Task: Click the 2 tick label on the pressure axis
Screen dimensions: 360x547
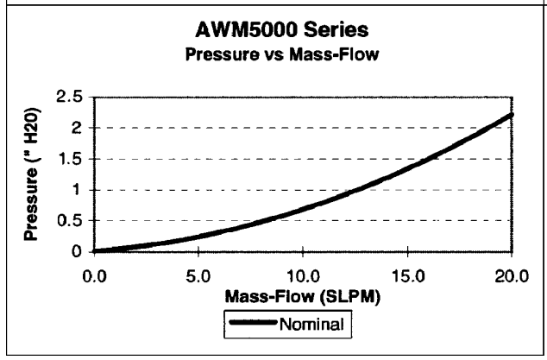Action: tap(79, 128)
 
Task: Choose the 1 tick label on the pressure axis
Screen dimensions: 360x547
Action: tap(80, 190)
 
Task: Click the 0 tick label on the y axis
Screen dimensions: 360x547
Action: tap(80, 252)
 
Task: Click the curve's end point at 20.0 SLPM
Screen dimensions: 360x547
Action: tap(512, 115)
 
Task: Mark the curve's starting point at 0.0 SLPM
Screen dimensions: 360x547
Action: tap(95, 251)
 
